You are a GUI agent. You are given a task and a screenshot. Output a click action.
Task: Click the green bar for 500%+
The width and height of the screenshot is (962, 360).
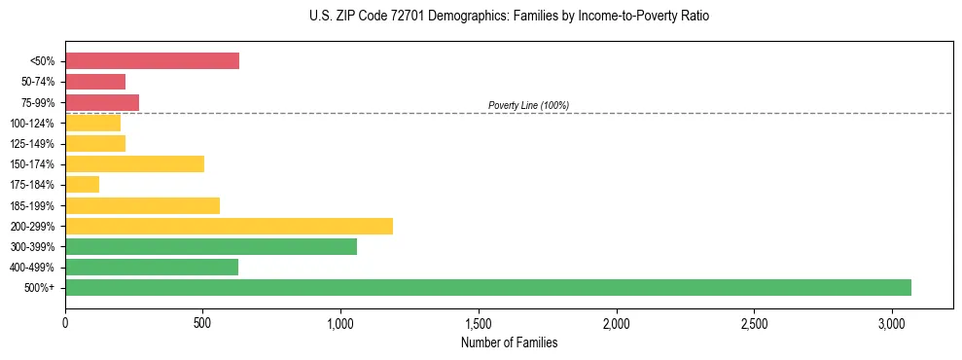point(488,287)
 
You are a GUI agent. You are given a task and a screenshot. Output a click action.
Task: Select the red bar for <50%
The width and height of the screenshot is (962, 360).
point(152,61)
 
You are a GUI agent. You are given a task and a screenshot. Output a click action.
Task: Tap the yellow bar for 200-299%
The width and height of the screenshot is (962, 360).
point(229,226)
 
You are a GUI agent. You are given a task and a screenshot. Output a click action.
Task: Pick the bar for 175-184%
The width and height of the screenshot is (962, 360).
point(83,184)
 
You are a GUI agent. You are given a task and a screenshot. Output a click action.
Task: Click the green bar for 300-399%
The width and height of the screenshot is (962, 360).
point(211,246)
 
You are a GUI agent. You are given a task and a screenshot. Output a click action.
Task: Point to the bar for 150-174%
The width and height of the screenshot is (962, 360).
point(134,163)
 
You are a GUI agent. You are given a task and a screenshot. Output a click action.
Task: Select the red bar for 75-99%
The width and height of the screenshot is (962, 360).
point(102,102)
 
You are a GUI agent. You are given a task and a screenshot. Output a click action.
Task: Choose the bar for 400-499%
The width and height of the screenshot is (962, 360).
point(152,267)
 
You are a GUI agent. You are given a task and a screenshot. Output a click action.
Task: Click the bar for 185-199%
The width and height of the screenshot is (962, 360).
point(142,205)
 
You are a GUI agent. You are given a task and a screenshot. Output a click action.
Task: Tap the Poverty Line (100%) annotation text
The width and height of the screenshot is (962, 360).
point(528,105)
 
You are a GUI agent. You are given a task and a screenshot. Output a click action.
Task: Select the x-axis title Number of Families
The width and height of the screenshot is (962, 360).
point(510,342)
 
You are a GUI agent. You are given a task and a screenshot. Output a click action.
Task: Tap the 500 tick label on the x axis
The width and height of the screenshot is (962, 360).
point(203,323)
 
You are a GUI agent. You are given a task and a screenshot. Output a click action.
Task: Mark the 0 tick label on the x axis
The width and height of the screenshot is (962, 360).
point(65,323)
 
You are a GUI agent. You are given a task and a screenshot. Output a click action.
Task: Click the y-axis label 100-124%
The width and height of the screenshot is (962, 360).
point(32,124)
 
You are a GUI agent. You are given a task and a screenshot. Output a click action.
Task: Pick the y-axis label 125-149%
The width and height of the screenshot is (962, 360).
point(32,144)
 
